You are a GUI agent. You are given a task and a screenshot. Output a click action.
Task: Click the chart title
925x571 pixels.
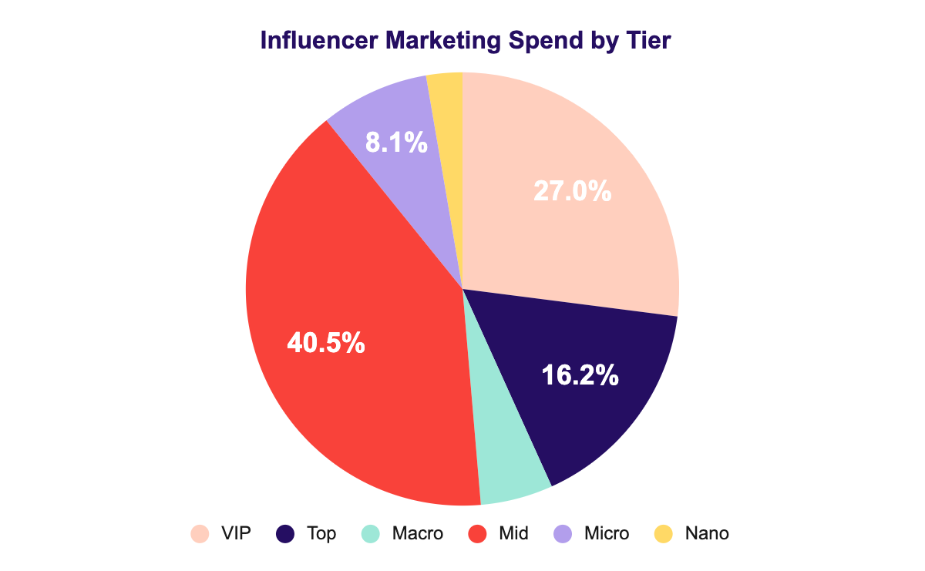pos(466,41)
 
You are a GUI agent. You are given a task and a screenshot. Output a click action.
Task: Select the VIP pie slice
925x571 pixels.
pos(586,231)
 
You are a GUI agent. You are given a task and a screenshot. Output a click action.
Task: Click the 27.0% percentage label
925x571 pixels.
pos(573,190)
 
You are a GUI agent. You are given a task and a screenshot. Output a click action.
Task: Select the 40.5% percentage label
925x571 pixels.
pos(325,342)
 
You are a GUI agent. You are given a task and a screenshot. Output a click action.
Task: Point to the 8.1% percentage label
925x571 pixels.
pos(395,142)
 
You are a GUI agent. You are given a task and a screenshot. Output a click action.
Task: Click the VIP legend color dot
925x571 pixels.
pos(200,533)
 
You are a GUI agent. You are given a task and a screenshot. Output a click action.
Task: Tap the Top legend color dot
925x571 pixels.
pos(285,533)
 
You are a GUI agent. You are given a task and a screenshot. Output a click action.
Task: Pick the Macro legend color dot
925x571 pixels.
pos(371,533)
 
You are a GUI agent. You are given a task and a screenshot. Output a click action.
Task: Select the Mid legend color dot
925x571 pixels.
pos(478,533)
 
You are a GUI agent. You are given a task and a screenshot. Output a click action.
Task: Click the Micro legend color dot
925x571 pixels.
pos(563,533)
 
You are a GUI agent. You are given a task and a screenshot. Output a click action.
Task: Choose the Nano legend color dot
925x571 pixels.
pos(663,533)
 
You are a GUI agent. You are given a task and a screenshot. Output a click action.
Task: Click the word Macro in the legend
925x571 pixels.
pos(417,533)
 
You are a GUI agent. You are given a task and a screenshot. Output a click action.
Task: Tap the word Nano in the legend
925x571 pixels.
pos(706,533)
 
